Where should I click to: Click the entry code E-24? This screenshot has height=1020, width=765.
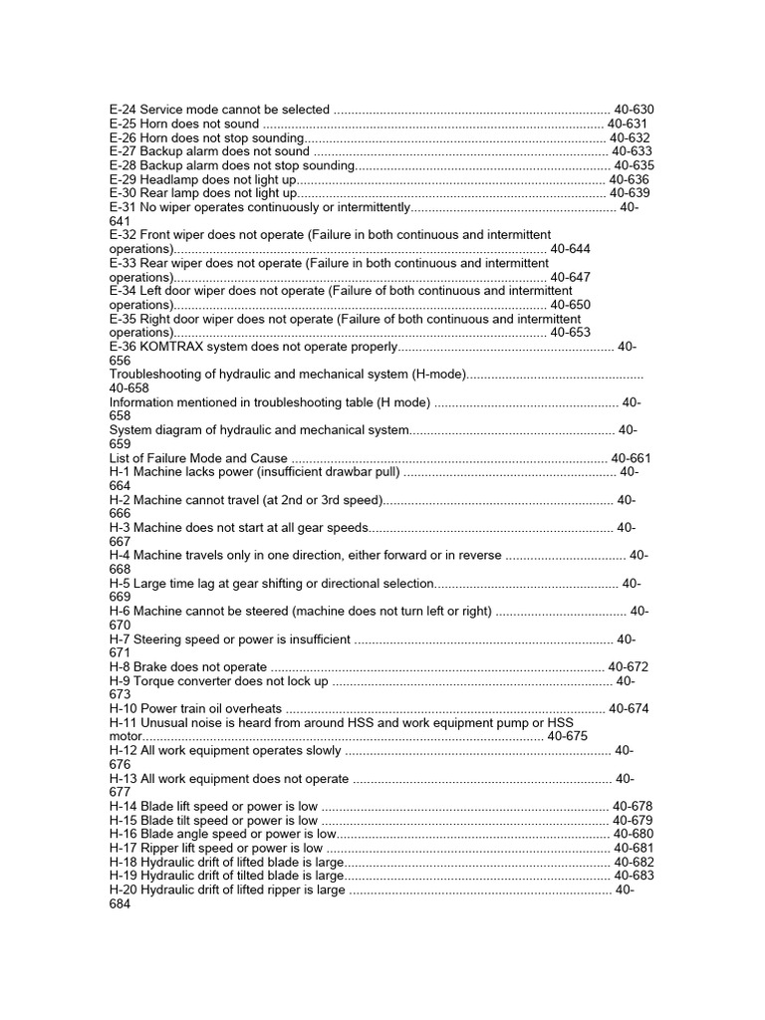[123, 110]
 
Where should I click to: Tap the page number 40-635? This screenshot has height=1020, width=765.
[635, 165]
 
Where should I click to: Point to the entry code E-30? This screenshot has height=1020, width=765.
[123, 193]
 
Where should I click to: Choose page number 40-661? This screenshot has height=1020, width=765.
[632, 458]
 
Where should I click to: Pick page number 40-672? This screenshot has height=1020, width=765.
[628, 667]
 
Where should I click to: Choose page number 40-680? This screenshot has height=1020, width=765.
[634, 835]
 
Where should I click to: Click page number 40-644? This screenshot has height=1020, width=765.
[570, 249]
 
